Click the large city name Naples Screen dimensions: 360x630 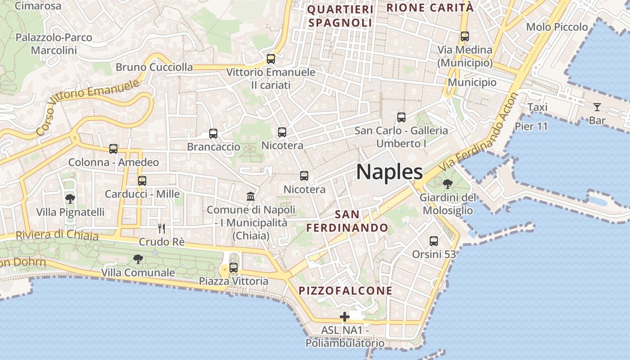coord(390,172)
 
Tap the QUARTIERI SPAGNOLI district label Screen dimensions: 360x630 coord(340,16)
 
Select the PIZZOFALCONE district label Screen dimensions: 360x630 coord(346,291)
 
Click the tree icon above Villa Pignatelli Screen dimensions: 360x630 coord(70,198)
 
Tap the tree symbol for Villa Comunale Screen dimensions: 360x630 coord(138,259)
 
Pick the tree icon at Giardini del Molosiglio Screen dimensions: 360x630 coord(447,184)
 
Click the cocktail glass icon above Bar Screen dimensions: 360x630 coord(597,107)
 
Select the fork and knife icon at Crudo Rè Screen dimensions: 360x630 coord(162,229)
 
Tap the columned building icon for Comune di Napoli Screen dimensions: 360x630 coord(251,196)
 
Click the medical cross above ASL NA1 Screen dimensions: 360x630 coord(345,317)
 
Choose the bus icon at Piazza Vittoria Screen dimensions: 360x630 coord(234,268)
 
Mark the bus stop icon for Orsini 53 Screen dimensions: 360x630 coord(434,241)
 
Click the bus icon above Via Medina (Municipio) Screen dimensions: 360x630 coord(465,36)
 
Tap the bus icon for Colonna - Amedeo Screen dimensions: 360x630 coord(113,149)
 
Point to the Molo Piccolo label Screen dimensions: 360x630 coord(557,27)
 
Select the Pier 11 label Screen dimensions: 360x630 coord(531,126)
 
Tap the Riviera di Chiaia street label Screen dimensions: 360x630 coord(57,234)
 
